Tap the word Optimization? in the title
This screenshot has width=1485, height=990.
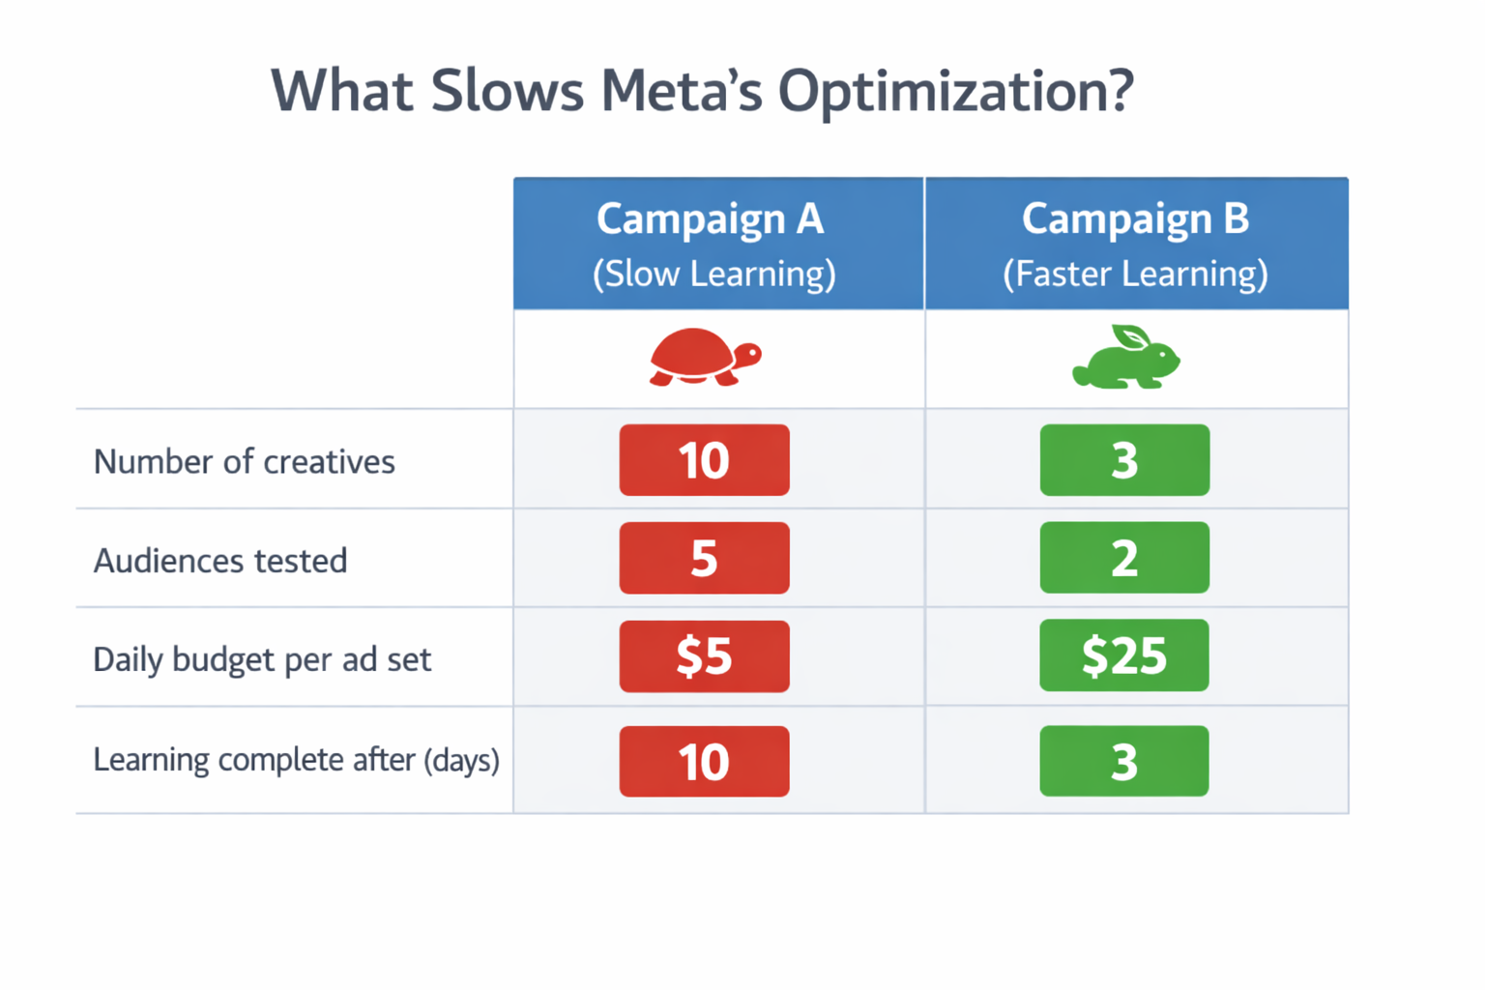coord(955,93)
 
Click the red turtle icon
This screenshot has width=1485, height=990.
coord(705,358)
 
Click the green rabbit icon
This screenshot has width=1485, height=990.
coord(1126,358)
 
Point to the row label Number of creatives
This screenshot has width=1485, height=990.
coord(244,462)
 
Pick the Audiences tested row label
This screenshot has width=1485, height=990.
coord(219,561)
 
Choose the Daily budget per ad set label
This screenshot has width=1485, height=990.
coord(262,660)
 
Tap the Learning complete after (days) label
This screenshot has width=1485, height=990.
coord(296,760)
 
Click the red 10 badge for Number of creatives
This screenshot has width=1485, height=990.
coord(704,460)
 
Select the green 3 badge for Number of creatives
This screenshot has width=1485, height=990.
coord(1124,460)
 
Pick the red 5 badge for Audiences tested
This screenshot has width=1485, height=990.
coord(704,559)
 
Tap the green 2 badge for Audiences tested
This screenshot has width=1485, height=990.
coord(1124,558)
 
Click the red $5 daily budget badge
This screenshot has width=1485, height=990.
coord(704,656)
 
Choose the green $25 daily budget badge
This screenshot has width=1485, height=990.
coord(1124,655)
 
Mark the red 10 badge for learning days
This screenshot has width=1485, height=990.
coord(704,762)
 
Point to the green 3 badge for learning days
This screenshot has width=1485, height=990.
coord(1124,761)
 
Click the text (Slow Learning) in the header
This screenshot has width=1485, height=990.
coord(714,275)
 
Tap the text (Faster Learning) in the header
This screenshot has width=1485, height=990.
coord(1135,275)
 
